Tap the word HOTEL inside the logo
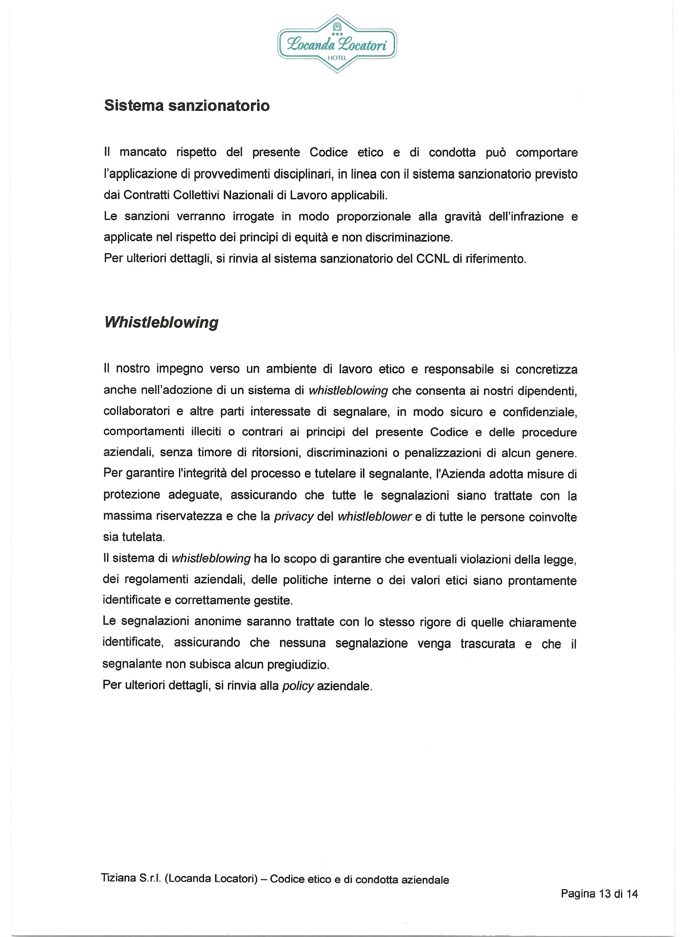point(337,58)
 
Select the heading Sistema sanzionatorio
point(187,106)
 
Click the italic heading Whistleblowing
point(161,323)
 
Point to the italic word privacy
point(294,517)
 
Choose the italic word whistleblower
point(375,517)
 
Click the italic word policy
point(298,686)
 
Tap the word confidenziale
point(540,412)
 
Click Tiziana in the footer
point(119,878)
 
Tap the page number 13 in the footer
point(605,894)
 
